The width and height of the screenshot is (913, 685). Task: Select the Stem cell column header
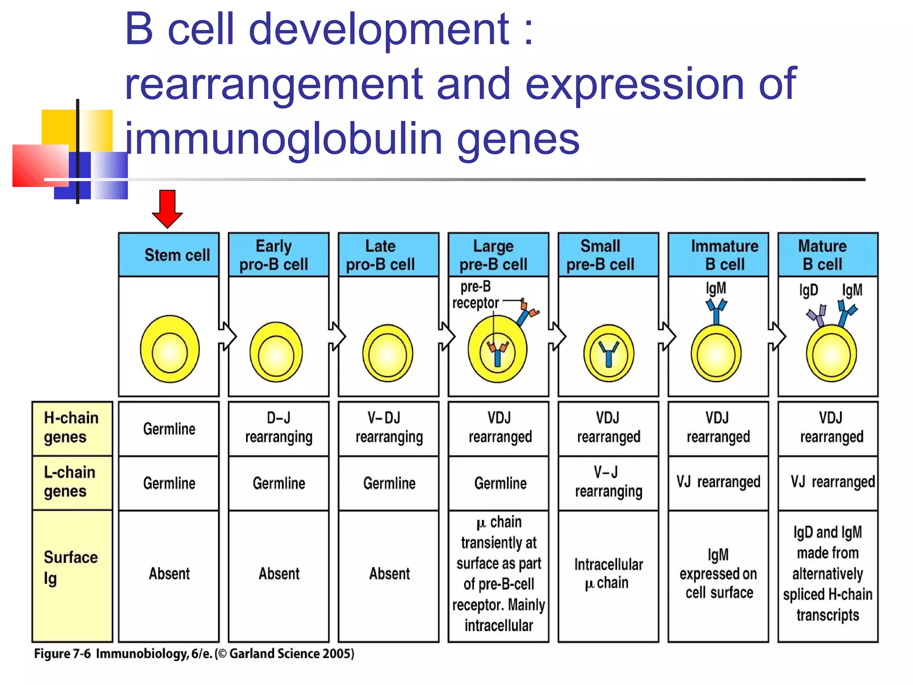[x=169, y=255]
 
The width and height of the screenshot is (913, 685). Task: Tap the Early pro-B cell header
[x=278, y=255]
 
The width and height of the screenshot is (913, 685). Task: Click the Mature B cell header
[x=827, y=255]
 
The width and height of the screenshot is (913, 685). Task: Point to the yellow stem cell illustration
[x=169, y=349]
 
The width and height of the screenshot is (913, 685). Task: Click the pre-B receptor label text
[x=475, y=295]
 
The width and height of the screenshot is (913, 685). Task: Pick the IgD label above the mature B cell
[x=808, y=290]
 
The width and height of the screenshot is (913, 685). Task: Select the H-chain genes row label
[x=72, y=427]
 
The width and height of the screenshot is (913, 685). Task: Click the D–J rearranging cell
[x=279, y=428]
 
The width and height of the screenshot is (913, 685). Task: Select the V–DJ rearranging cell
[x=388, y=428]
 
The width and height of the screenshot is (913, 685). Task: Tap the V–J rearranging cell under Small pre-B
[x=608, y=482]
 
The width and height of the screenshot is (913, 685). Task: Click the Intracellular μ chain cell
[x=608, y=574]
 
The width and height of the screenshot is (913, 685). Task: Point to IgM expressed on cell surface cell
[x=718, y=574]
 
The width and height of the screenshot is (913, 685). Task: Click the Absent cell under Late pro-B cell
[x=389, y=574]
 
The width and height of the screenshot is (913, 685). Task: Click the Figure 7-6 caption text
[x=194, y=654]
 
